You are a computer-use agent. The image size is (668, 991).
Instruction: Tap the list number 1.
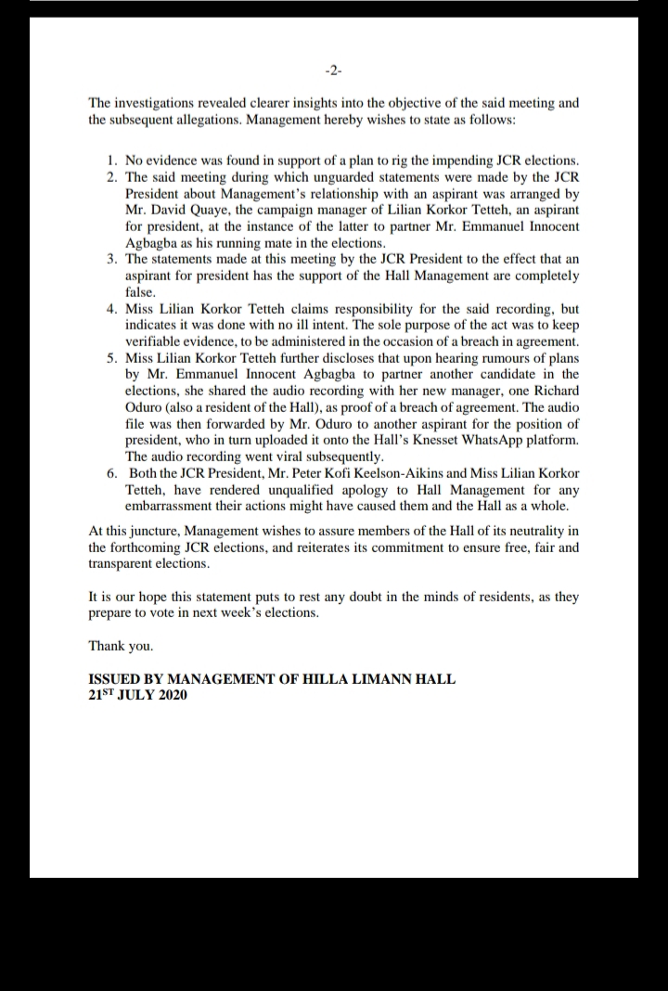tap(112, 161)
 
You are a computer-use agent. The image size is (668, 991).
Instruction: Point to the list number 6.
tap(112, 472)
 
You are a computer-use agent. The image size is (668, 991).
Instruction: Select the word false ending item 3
tap(142, 291)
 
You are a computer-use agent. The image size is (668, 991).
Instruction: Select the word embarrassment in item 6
tap(171, 506)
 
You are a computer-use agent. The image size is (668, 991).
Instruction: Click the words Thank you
tap(121, 646)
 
